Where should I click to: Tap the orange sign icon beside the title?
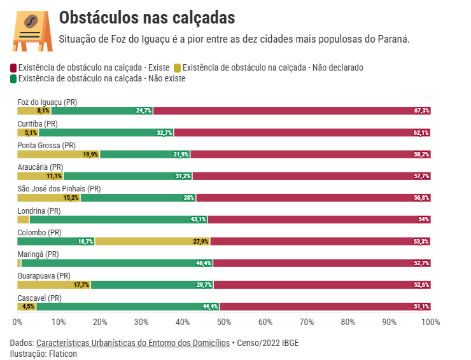pos(31,31)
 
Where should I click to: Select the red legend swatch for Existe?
pos(13,67)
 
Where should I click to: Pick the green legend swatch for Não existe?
pos(13,79)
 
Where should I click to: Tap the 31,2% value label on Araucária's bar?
pos(183,176)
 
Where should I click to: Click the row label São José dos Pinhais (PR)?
pos(59,189)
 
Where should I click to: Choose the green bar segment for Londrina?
pos(118,219)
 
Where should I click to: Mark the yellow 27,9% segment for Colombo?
pos(153,241)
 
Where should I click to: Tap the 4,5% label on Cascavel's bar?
pos(28,306)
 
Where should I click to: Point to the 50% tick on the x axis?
pos(224,322)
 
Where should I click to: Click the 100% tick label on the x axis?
pos(430,322)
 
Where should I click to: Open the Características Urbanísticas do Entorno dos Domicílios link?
pos(133,343)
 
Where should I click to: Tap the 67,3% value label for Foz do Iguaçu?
pos(421,111)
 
